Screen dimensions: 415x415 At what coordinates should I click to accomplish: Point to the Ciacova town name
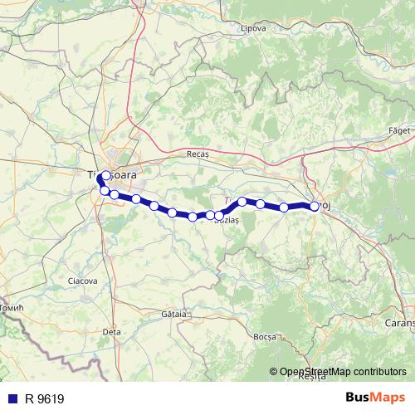pos(83,281)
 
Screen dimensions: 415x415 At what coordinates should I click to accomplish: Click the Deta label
pos(110,331)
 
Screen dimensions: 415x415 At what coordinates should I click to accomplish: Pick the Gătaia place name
pos(174,315)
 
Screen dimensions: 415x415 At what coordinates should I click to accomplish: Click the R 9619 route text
pos(44,398)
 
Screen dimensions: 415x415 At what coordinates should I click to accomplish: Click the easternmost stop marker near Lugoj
pos(315,207)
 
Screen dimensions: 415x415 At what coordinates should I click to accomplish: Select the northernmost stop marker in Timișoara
pos(105,175)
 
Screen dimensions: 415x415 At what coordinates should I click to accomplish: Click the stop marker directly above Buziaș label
pos(219,216)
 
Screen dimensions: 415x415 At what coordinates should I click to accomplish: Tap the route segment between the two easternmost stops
pos(300,206)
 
